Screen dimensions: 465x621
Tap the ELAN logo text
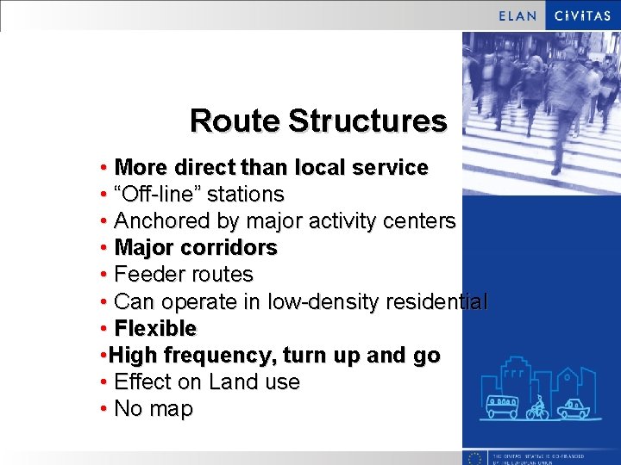[517, 15]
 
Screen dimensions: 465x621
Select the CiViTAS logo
[582, 15]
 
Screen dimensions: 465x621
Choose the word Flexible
[155, 328]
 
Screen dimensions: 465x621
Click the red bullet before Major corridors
[103, 248]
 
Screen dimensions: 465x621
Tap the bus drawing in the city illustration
[503, 406]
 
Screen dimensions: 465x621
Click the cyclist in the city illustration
[538, 406]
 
